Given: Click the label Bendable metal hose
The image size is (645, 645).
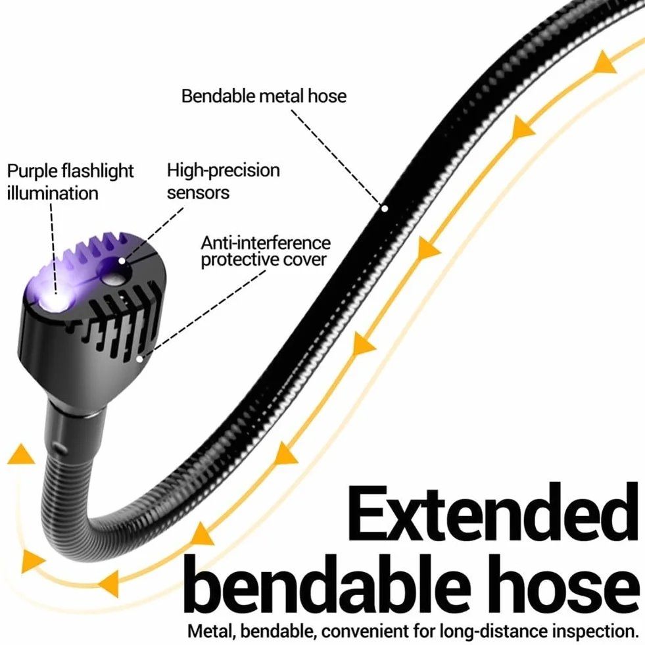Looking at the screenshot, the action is coord(264,96).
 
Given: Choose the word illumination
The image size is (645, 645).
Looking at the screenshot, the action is coord(53,193).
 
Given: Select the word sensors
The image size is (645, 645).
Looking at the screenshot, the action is coord(199,193).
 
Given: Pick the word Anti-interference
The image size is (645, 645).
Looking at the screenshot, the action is coord(266,243).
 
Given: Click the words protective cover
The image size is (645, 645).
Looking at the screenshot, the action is coord(264,260).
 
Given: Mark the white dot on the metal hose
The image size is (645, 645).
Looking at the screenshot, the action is coord(385,208).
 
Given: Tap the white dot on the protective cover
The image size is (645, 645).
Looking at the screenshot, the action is coord(140,359).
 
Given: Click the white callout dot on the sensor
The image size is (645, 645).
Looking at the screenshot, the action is coord(122,261).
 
